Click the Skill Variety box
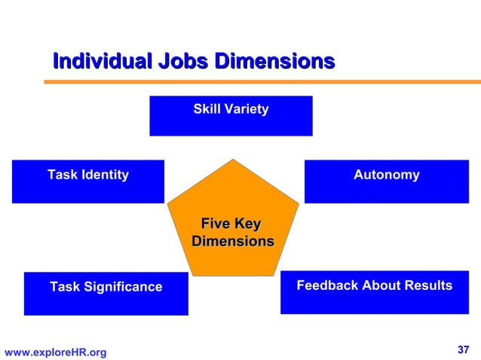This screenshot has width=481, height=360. click(x=231, y=115)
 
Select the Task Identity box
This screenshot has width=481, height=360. click(x=87, y=181)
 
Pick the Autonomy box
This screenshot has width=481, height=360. click(x=386, y=181)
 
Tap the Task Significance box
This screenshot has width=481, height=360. click(x=106, y=293)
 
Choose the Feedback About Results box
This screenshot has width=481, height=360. click(x=374, y=292)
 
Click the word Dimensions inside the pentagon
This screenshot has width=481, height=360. click(x=232, y=242)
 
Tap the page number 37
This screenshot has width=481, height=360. click(x=464, y=349)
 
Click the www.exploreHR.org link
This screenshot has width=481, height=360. click(x=56, y=352)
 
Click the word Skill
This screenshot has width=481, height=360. click(x=206, y=110)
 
